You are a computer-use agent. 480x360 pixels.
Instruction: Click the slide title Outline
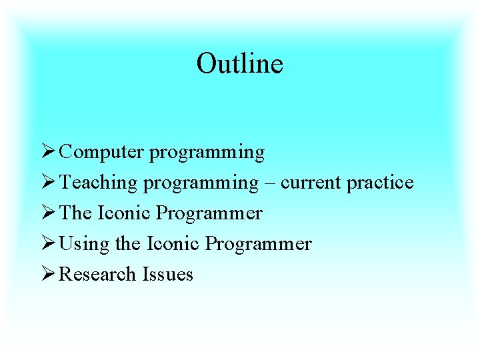239,64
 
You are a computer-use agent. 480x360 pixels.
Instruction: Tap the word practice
379,183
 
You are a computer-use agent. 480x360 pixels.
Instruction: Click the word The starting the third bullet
76,213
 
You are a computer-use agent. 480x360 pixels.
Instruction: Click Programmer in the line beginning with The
209,214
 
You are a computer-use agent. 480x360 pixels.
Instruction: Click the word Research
98,275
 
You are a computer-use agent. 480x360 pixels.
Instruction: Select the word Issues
167,275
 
